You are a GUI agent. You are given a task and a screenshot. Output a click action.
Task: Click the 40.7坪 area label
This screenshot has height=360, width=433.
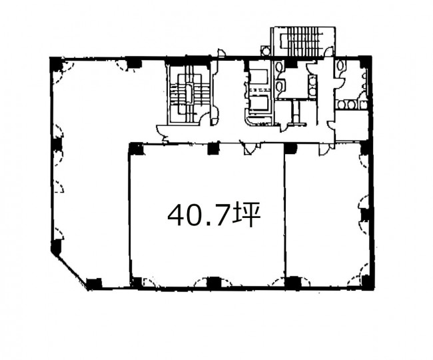214,215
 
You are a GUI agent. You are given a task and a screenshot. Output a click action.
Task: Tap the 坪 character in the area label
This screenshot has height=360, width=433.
246,215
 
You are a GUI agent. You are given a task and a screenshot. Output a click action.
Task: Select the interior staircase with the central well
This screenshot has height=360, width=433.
189,94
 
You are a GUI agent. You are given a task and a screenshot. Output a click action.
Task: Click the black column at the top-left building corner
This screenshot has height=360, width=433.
56,64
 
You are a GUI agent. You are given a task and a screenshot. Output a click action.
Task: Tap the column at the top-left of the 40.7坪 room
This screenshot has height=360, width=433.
137,149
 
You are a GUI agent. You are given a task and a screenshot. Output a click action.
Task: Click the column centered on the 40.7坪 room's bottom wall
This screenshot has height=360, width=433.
213,283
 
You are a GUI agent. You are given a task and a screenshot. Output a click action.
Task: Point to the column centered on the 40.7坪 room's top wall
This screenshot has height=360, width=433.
213,149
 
